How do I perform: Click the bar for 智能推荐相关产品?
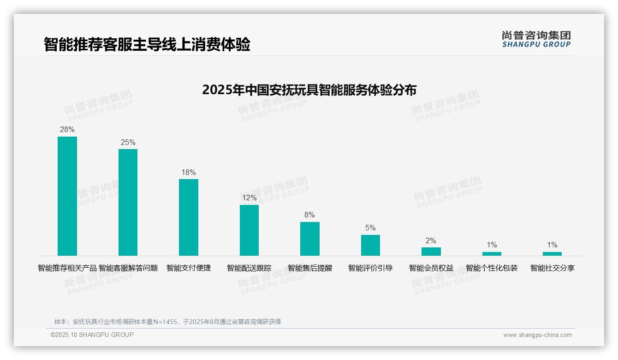[67, 196]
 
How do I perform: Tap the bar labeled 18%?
[189, 217]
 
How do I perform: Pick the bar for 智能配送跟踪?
[249, 230]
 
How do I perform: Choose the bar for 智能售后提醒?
[310, 239]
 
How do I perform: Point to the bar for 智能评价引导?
[370, 245]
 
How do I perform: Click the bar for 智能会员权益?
[431, 252]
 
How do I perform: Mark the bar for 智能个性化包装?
[492, 253]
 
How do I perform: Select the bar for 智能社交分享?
[552, 253]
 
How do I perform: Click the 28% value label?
[67, 130]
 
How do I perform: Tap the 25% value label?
[128, 143]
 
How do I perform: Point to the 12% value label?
[249, 198]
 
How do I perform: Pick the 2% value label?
[431, 241]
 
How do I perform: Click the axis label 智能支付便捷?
[189, 268]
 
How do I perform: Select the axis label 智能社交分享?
[552, 268]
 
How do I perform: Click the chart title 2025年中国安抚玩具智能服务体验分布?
[309, 90]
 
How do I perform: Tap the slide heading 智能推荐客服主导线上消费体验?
[147, 45]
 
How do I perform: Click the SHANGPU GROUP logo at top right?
[536, 39]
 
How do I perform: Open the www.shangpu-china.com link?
[537, 335]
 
